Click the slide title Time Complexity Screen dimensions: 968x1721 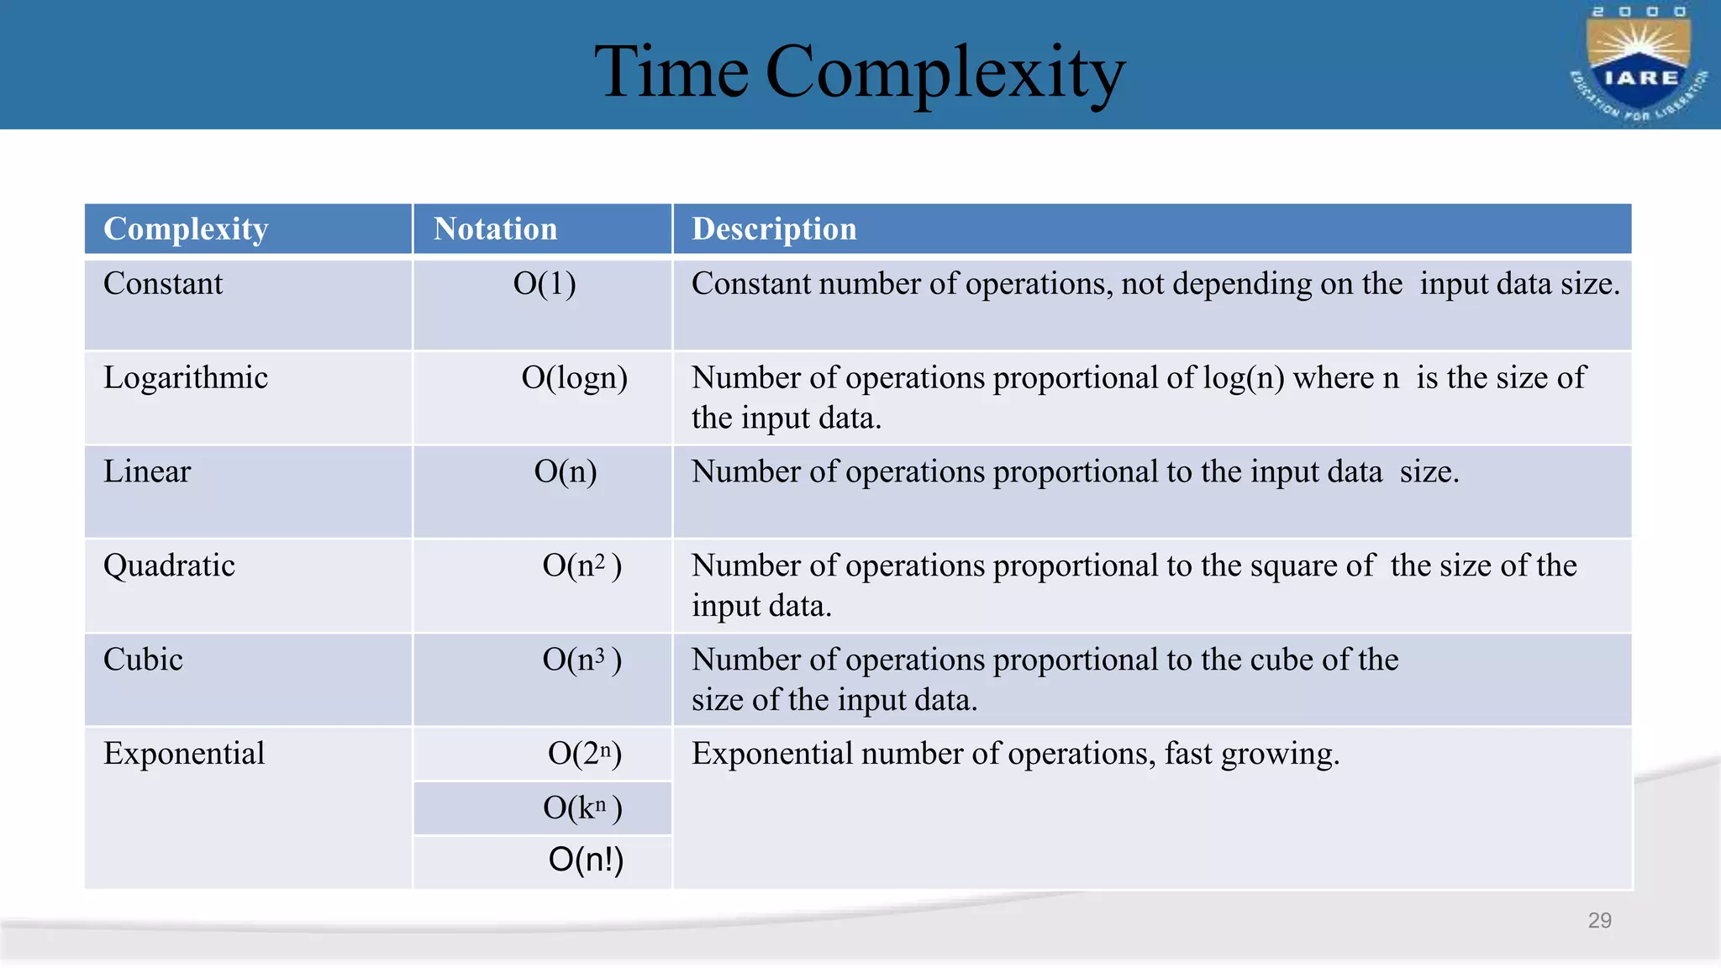click(x=859, y=73)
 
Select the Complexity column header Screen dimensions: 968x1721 click(x=186, y=229)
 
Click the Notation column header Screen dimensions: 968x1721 click(x=495, y=229)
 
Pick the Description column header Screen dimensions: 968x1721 click(x=774, y=229)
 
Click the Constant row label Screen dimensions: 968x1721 click(x=163, y=284)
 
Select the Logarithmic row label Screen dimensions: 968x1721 click(x=186, y=378)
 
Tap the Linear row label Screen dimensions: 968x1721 click(x=147, y=471)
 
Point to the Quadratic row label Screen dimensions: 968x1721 click(x=169, y=566)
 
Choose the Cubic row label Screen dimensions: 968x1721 click(x=143, y=660)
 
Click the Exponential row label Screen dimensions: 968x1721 click(x=184, y=754)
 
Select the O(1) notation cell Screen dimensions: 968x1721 click(x=545, y=284)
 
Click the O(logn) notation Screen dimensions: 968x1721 click(x=575, y=378)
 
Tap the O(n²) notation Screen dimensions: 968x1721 click(x=582, y=566)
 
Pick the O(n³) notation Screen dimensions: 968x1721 click(x=582, y=660)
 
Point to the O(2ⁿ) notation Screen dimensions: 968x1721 click(x=585, y=754)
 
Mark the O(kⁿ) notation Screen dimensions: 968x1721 click(x=582, y=808)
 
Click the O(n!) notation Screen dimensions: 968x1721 click(x=586, y=860)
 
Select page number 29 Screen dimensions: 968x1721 click(x=1599, y=921)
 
